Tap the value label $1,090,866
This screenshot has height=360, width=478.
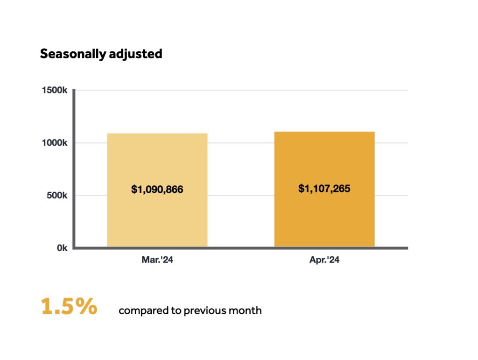click(157, 190)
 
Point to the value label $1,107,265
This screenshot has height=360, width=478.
click(324, 189)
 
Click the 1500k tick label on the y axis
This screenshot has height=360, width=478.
click(56, 90)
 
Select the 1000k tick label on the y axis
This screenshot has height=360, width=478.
click(56, 143)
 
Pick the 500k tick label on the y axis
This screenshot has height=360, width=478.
click(58, 196)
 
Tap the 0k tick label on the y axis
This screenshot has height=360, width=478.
click(62, 248)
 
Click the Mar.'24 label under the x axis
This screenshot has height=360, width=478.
click(157, 260)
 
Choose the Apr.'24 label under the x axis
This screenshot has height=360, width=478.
click(324, 260)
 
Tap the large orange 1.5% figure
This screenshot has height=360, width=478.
click(69, 307)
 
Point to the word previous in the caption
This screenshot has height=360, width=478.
click(203, 311)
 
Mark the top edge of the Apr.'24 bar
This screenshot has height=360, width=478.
click(324, 132)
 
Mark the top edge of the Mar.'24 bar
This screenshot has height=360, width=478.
click(157, 134)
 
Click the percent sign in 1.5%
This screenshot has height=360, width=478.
click(87, 307)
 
